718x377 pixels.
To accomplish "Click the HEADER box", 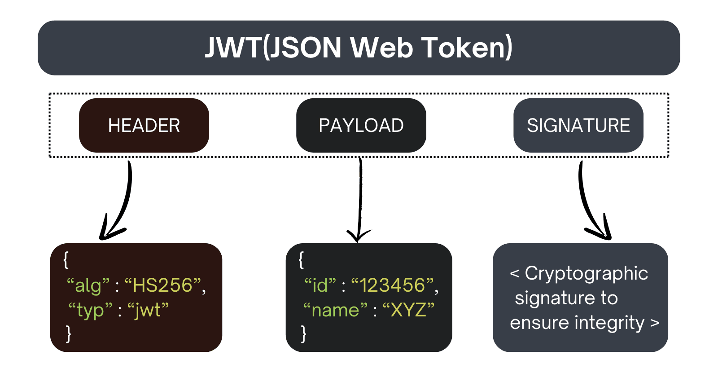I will click(x=144, y=126).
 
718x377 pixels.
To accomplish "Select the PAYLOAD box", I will click(x=361, y=126).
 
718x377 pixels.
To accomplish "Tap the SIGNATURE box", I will click(x=578, y=126).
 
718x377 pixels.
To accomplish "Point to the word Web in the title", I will click(x=381, y=48).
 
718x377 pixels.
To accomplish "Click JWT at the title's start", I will click(x=233, y=48).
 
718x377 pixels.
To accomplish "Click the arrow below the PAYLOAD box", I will click(x=359, y=202).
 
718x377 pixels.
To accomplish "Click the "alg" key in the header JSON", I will click(x=88, y=285).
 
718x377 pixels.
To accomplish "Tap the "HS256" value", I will click(x=162, y=285).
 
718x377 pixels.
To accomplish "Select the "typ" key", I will click(x=90, y=311).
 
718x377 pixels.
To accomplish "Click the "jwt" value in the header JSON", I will click(x=148, y=311).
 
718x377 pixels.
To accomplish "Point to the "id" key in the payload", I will click(x=320, y=285).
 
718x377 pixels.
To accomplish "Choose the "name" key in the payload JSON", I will click(x=335, y=311).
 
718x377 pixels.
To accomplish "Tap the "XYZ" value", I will click(x=408, y=311).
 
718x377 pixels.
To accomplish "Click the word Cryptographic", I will click(x=586, y=273).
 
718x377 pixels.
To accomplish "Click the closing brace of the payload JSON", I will click(x=303, y=334).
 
